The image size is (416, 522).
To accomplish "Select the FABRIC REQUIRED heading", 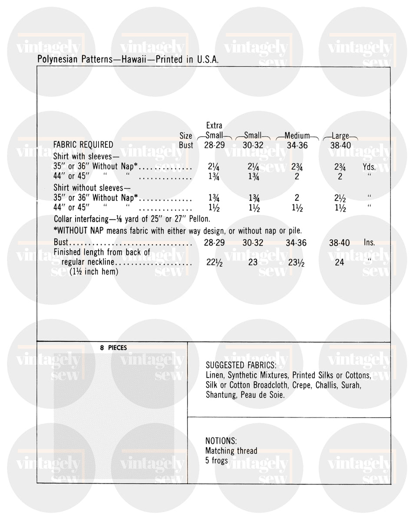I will tap(83, 145).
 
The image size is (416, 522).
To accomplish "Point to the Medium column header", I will tap(297, 136).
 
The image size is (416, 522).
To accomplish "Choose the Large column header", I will tap(340, 136).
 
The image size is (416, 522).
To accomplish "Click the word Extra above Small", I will tap(214, 126).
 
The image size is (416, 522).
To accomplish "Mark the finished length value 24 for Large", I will tap(340, 263).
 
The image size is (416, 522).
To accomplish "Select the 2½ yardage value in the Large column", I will tap(340, 198).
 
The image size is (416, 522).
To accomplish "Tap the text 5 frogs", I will tap(217, 461).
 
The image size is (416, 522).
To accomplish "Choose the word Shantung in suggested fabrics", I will tap(221, 395).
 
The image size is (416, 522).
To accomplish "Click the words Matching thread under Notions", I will tap(231, 451).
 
